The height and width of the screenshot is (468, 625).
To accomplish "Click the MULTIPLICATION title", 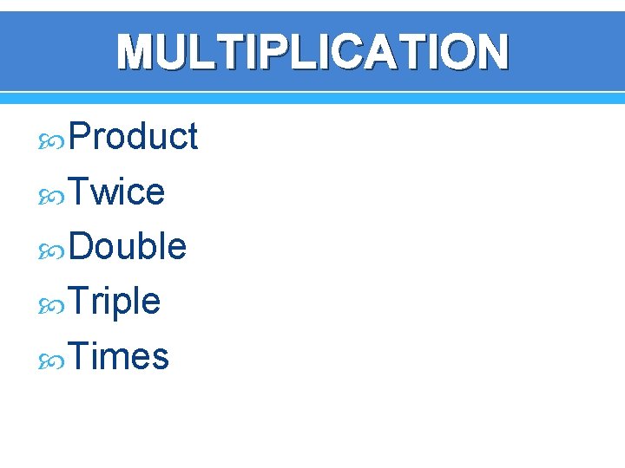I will (x=312, y=52).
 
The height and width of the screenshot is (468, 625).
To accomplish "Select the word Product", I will (x=133, y=137).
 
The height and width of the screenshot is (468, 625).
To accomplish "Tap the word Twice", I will (x=116, y=192).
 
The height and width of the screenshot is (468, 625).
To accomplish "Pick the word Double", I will (x=127, y=247).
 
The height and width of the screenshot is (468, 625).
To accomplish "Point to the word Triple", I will (x=114, y=302).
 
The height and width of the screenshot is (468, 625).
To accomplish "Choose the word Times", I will (x=118, y=356).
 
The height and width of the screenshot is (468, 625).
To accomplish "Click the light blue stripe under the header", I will (x=312, y=98).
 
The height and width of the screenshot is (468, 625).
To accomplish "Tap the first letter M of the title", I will (x=136, y=52).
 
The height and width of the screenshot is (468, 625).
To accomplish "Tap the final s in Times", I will (x=160, y=358).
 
